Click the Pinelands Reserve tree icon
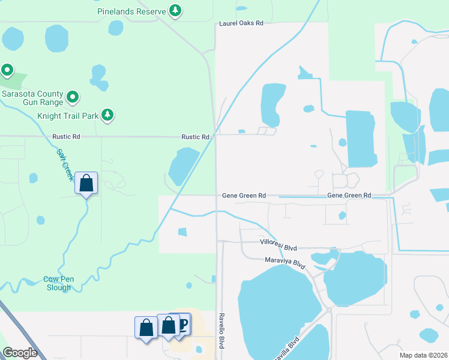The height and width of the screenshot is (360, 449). (175, 10)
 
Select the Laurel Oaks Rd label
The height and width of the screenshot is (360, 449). (241, 23)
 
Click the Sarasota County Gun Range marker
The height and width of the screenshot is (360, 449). (73, 96)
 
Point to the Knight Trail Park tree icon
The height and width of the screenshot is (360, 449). (107, 114)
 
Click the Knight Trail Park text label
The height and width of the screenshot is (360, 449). (67, 115)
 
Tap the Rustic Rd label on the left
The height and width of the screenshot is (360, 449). (66, 137)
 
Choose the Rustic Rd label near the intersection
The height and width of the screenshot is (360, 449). (197, 137)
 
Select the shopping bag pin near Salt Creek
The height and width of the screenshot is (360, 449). (86, 182)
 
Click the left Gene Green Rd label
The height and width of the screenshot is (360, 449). (244, 196)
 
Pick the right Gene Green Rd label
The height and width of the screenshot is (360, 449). (349, 196)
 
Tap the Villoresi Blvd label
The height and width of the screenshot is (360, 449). (279, 247)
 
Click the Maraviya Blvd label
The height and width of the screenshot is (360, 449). (286, 262)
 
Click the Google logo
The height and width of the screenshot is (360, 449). (20, 353)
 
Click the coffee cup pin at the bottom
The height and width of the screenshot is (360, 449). (182, 325)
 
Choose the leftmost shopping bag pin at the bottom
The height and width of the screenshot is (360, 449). (145, 328)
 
